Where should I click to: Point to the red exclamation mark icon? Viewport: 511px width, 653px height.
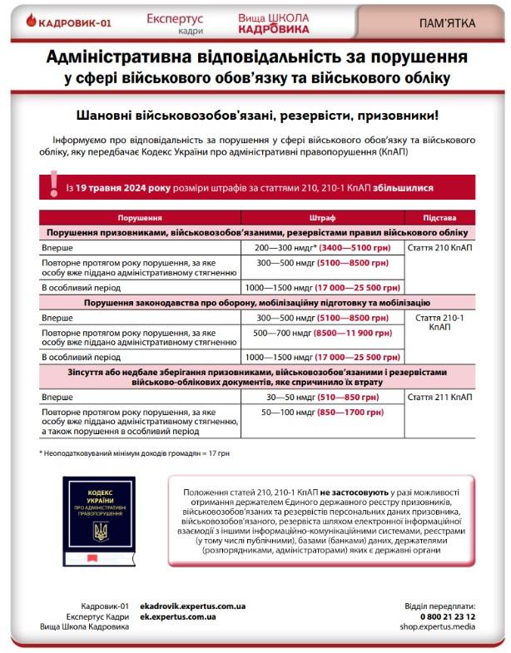(52, 184)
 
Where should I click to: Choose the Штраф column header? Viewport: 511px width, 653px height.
(322, 218)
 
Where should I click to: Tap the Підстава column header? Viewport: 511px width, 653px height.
(439, 218)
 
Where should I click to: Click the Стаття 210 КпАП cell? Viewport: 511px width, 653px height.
(440, 248)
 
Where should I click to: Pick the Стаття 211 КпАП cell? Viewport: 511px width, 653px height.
(440, 397)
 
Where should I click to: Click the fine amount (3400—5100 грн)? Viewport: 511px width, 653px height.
(354, 248)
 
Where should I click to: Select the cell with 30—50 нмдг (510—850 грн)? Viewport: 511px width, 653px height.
(321, 397)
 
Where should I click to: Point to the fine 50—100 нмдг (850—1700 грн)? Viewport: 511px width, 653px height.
(322, 412)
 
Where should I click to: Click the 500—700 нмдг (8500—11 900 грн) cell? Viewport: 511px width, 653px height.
(322, 333)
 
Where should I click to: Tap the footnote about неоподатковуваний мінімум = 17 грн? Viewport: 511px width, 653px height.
(112, 453)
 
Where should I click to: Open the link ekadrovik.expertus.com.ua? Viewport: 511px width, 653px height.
(192, 606)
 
